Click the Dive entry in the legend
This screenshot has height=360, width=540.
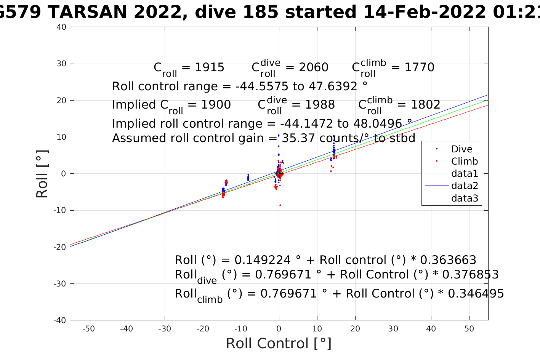tap(461, 149)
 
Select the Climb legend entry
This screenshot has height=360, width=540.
tap(464, 162)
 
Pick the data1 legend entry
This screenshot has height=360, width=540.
tap(464, 174)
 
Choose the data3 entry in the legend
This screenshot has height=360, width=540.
tap(464, 198)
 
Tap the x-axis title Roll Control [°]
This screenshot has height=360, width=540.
tap(279, 344)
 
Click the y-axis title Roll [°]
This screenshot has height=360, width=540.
tap(42, 174)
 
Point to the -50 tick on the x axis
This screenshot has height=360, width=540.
tap(88, 329)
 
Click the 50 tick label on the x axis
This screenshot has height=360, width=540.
tap(469, 329)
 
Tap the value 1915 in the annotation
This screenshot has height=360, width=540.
tap(209, 67)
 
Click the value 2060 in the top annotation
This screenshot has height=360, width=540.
tap(313, 67)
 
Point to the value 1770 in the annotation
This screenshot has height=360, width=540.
tap(419, 67)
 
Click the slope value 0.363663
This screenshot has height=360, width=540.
tap(448, 260)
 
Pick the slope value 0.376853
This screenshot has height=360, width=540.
tap(471, 275)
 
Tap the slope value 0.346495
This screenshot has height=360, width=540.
tap(476, 294)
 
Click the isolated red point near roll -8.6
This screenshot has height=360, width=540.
tap(280, 205)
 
